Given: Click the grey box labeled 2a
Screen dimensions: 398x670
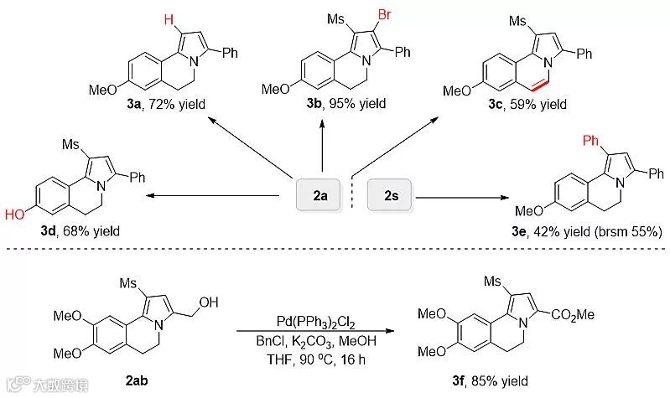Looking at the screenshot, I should point(320,197).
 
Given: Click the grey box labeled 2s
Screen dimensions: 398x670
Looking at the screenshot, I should point(391,197).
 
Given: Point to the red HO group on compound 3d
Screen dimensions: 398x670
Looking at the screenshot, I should point(14,214).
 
